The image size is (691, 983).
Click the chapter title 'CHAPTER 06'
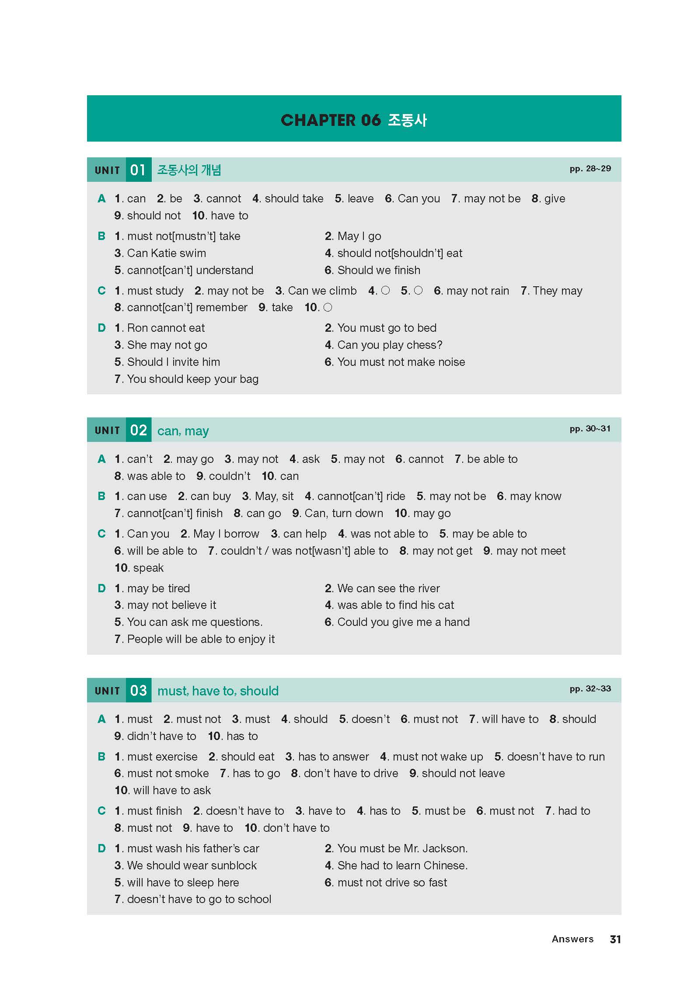click(331, 120)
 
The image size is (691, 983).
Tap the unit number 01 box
click(138, 170)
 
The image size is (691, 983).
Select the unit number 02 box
click(138, 430)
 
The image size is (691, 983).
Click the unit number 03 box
click(138, 691)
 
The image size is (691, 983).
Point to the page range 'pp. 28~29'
click(590, 169)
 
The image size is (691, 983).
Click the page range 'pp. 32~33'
click(590, 689)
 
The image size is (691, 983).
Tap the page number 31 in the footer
click(615, 939)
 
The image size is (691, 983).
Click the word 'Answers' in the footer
click(572, 939)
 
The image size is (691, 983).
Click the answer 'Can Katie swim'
click(166, 254)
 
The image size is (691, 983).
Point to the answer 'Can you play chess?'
click(390, 345)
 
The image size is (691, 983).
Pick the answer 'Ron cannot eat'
click(166, 328)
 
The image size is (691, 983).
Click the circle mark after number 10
click(328, 308)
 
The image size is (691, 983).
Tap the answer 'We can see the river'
click(388, 588)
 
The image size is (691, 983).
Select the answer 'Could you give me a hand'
click(403, 622)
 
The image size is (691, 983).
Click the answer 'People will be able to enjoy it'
click(201, 639)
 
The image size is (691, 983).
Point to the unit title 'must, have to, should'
click(218, 691)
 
